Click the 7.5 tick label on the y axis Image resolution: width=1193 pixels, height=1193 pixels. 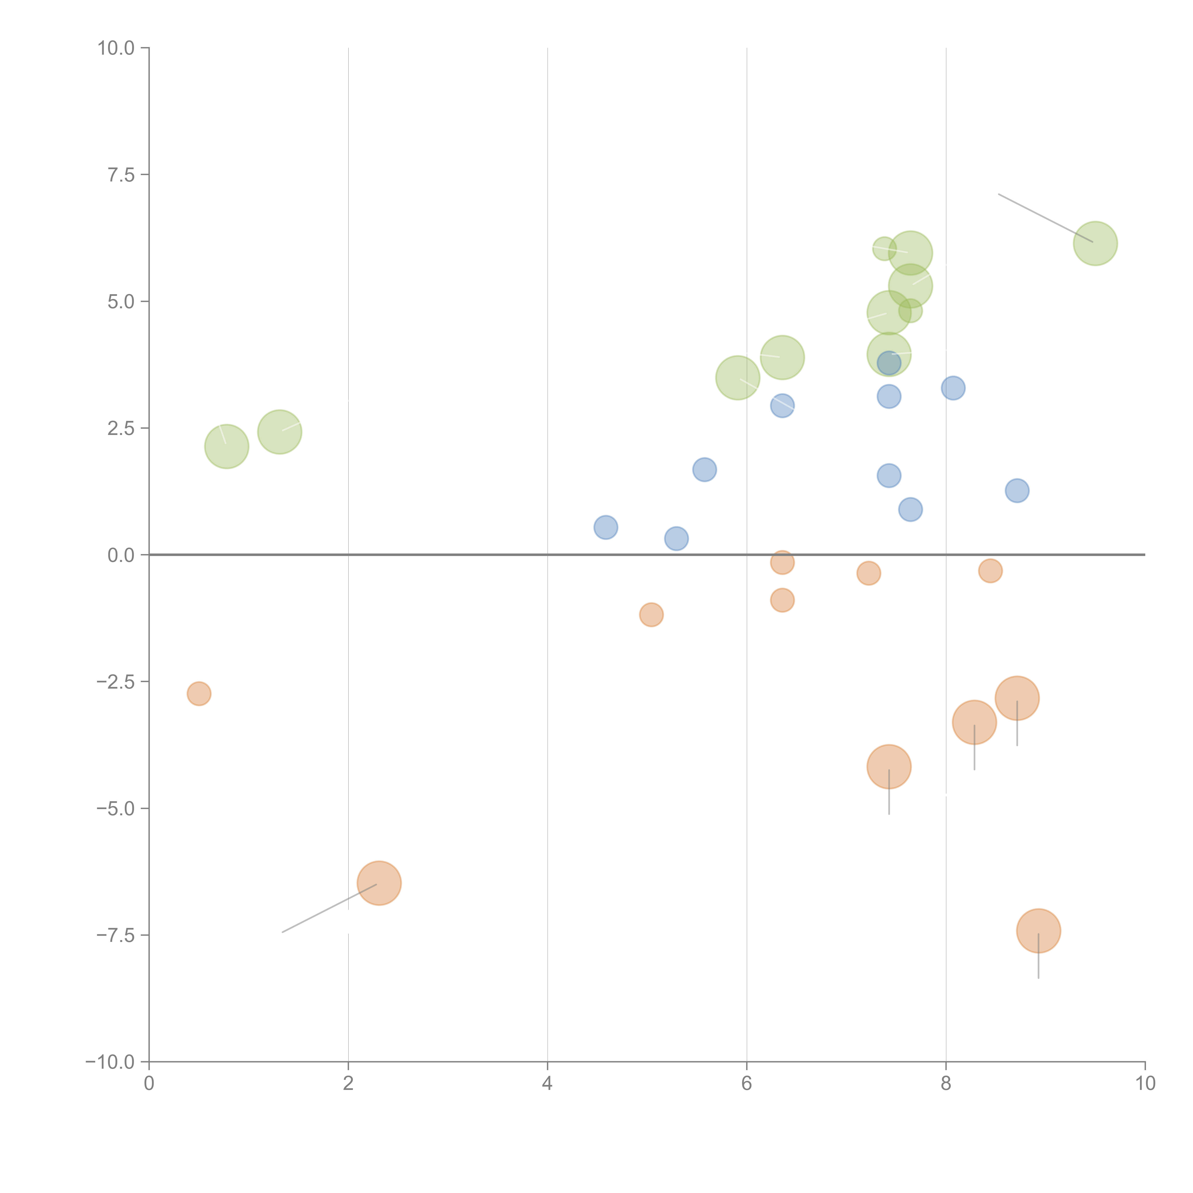coord(121,175)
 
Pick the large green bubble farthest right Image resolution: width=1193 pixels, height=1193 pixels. coord(1095,243)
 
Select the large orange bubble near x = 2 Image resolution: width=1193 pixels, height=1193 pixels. coord(379,883)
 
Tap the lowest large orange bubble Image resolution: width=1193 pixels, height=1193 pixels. coord(1039,931)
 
